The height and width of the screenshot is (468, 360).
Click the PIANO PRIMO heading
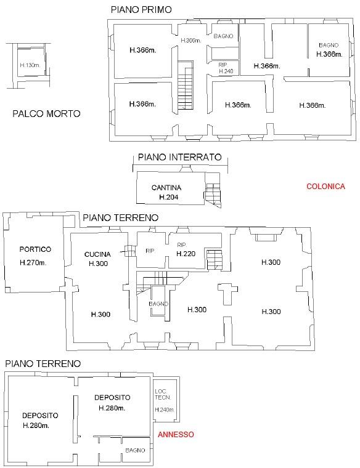click(x=141, y=9)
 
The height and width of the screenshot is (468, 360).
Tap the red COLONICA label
click(x=325, y=187)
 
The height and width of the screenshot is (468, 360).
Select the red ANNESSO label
click(x=176, y=434)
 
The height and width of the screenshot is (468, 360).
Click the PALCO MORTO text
click(x=46, y=113)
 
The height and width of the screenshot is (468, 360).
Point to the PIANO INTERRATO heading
click(x=179, y=157)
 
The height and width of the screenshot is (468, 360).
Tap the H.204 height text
click(x=168, y=197)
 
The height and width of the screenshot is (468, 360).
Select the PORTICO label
click(x=35, y=249)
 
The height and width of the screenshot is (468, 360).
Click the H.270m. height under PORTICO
click(x=35, y=263)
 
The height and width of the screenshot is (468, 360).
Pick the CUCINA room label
click(x=98, y=254)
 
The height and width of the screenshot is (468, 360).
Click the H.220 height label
click(x=186, y=254)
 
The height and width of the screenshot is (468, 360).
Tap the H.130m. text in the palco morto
click(x=30, y=65)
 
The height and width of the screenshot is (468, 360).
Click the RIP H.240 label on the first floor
click(x=225, y=68)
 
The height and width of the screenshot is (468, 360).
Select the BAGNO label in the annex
click(x=135, y=450)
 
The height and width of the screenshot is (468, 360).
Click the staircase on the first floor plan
click(x=186, y=86)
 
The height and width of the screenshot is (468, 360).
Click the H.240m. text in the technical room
click(x=164, y=410)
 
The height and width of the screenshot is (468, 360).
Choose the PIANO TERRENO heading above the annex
click(x=43, y=364)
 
